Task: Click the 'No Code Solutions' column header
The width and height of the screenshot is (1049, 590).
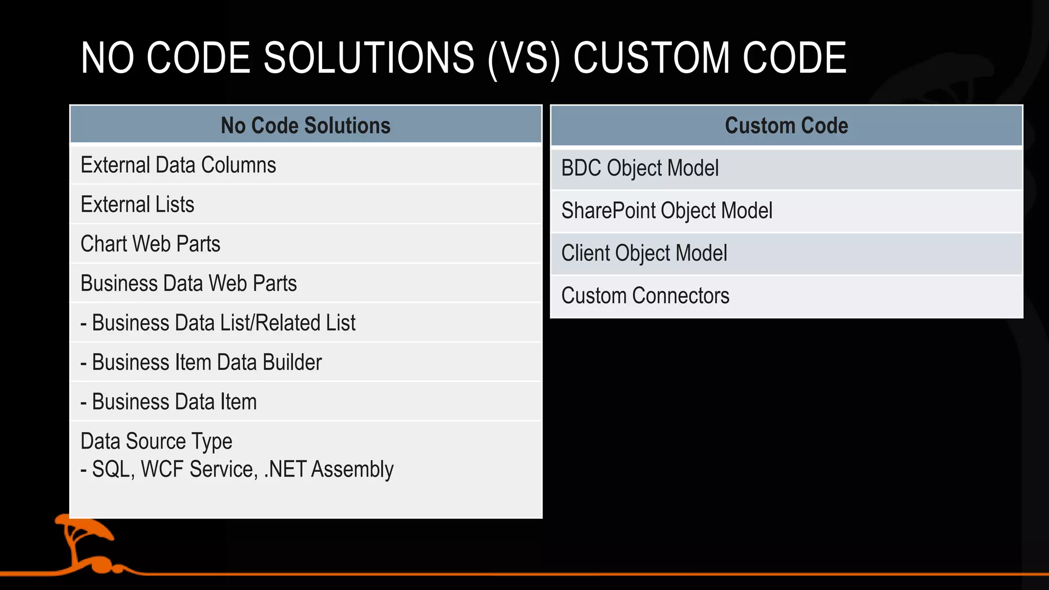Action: pyautogui.click(x=305, y=125)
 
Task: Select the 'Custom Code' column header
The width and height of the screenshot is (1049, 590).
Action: pyautogui.click(x=786, y=125)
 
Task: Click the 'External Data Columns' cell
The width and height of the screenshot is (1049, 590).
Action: pyautogui.click(x=178, y=165)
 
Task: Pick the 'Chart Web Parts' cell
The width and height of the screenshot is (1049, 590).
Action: pyautogui.click(x=150, y=244)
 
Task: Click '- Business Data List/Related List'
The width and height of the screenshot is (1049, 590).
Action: pyautogui.click(x=218, y=323)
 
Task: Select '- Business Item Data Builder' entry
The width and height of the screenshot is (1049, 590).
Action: pyautogui.click(x=201, y=363)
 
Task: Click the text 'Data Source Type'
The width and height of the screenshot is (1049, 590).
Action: pyautogui.click(x=156, y=441)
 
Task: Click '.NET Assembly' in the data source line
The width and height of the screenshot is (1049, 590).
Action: pyautogui.click(x=328, y=470)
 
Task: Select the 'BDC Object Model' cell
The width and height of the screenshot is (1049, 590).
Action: pyautogui.click(x=640, y=168)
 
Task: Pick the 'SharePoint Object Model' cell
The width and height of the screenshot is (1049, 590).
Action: pyautogui.click(x=666, y=211)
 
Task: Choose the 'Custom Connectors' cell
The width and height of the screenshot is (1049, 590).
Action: pyautogui.click(x=645, y=296)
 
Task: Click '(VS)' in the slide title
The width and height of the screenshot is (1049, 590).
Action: pyautogui.click(x=524, y=58)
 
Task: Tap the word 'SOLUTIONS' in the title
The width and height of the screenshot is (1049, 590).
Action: pyautogui.click(x=369, y=58)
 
